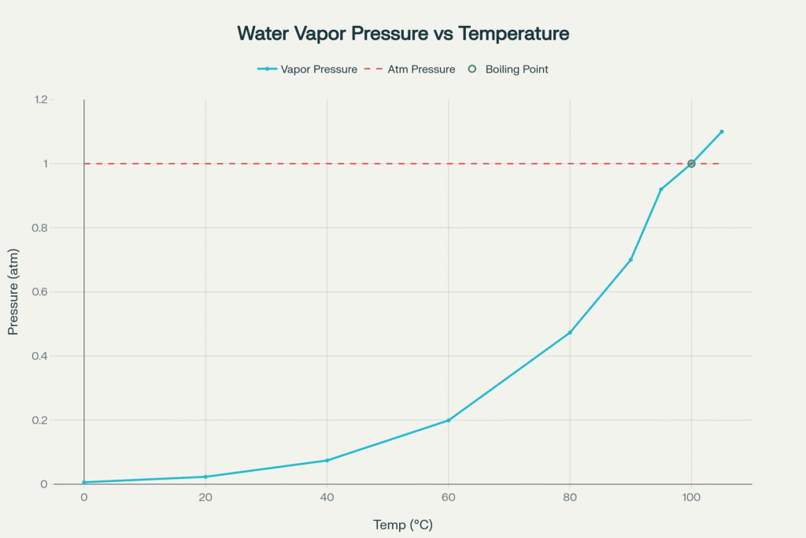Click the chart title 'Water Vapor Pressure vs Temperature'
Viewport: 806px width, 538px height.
[403, 34]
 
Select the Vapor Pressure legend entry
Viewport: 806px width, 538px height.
[307, 69]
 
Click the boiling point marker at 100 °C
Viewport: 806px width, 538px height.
[691, 164]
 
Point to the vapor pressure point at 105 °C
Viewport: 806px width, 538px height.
[722, 132]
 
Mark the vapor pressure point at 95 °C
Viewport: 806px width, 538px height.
[661, 189]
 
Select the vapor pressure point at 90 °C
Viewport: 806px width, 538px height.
[630, 260]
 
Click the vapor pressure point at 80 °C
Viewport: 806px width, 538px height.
[570, 332]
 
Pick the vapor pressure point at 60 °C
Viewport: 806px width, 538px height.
[449, 420]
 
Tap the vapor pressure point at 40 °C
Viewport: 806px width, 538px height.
[327, 460]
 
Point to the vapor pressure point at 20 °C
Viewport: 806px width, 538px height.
[205, 477]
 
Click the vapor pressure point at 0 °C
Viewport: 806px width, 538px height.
[84, 482]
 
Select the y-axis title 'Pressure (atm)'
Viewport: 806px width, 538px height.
[13, 292]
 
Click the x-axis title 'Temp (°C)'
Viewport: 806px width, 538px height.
[403, 525]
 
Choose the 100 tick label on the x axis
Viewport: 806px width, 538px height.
[691, 498]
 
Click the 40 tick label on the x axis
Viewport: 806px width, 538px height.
[327, 498]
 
